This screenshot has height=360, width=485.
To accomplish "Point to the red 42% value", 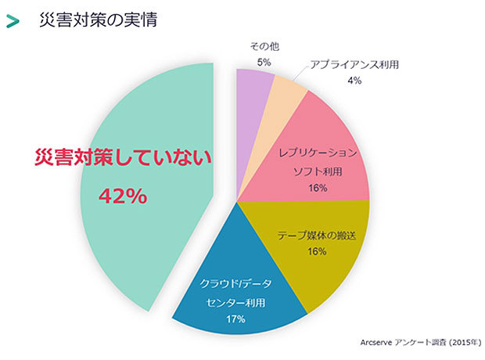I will [x=123, y=196].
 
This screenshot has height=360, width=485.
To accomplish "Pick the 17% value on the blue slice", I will [x=235, y=319].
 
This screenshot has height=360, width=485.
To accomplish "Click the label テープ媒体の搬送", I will [x=317, y=235].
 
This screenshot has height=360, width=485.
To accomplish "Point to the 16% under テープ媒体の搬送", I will [x=317, y=252].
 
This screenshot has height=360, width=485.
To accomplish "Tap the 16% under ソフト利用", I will [x=318, y=188].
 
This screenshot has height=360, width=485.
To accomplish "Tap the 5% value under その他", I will [x=264, y=62].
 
